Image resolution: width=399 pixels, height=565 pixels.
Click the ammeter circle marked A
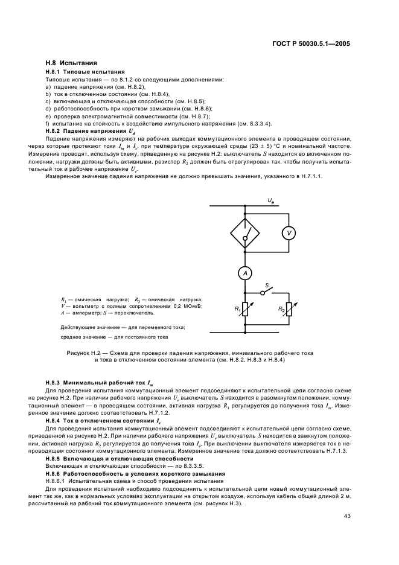click(x=245, y=273)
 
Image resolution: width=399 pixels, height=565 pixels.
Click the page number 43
click(x=347, y=516)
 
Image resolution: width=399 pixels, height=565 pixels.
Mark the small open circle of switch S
click(x=263, y=292)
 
